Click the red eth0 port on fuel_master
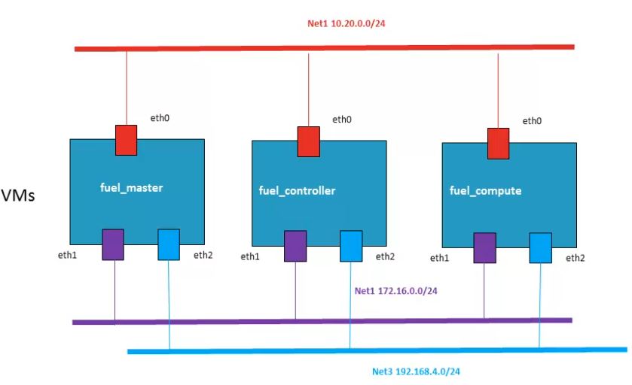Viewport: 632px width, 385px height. (x=125, y=140)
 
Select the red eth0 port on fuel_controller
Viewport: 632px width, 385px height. (x=308, y=142)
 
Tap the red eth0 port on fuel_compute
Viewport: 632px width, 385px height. (x=498, y=144)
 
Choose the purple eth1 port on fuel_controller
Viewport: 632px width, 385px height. (x=295, y=247)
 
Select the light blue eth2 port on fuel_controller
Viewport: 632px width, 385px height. (x=351, y=246)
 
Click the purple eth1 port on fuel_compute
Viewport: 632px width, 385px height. (x=484, y=248)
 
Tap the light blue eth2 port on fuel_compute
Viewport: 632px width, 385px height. (x=540, y=247)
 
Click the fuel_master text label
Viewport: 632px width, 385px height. (x=131, y=188)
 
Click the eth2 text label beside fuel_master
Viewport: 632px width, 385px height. (x=203, y=255)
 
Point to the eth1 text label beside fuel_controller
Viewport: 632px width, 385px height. (x=251, y=257)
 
